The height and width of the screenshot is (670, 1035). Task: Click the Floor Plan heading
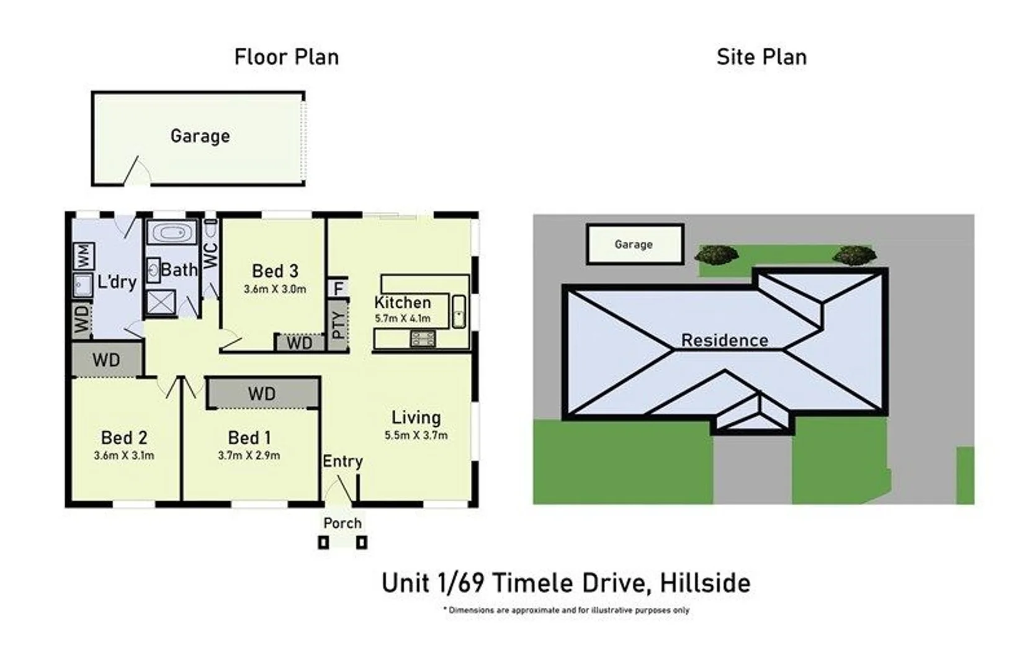pos(287,57)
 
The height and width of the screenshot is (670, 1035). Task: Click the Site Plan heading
pos(761,57)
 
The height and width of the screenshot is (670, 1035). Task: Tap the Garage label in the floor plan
pos(200,136)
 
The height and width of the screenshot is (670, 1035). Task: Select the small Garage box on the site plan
pos(635,244)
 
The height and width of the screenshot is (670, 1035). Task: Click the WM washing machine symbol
pos(84,256)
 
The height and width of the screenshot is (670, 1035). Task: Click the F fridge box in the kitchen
pos(338,288)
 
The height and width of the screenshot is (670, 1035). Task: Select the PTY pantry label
pos(338,325)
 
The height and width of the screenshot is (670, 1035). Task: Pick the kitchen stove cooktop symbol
pos(423,338)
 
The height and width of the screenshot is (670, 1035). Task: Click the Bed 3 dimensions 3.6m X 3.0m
pos(275,289)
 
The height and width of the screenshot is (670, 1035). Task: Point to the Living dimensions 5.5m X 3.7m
pos(416,435)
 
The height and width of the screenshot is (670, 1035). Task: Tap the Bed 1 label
pos(249,437)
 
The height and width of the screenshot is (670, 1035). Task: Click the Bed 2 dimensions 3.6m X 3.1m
pos(124,455)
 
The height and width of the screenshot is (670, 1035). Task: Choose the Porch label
pos(343,523)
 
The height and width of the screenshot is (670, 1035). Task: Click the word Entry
pos(343,461)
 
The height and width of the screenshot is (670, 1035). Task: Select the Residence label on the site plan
pos(725,341)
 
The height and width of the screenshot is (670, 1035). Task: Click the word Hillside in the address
pos(705,583)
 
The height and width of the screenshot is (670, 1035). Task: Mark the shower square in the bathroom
pos(161,303)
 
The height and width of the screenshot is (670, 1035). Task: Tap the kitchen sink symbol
pos(459,312)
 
